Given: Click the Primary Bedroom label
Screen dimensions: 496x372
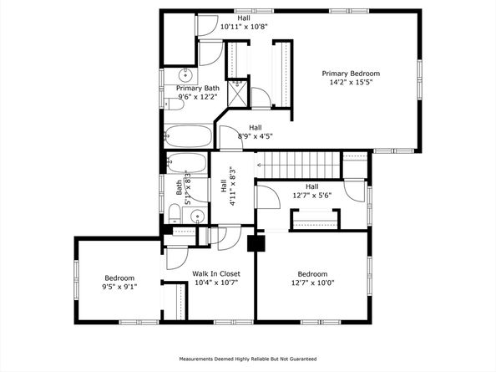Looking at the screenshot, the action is click(x=351, y=74).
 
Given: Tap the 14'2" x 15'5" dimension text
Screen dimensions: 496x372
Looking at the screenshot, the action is click(x=351, y=82).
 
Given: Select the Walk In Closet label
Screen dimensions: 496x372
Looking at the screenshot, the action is click(x=216, y=273).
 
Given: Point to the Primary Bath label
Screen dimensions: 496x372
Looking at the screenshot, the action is click(x=198, y=88).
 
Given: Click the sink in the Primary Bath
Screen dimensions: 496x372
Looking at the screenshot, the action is click(x=185, y=76).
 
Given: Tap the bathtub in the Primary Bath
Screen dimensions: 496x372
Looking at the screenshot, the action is click(x=188, y=136).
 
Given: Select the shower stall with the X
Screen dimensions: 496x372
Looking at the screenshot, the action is click(x=237, y=93).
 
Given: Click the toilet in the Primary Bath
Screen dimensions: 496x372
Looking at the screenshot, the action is click(x=174, y=104).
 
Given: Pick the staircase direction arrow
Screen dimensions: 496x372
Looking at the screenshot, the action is click(x=260, y=165).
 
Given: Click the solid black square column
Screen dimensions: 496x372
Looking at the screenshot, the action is click(x=256, y=243).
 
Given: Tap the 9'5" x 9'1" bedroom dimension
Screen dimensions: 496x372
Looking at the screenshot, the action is click(x=119, y=287).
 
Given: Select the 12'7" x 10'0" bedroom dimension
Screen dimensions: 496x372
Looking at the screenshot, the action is click(x=312, y=283).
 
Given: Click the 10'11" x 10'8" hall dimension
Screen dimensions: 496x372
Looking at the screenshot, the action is click(x=244, y=27).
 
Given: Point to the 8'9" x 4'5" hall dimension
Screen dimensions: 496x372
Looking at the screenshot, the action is click(x=256, y=136).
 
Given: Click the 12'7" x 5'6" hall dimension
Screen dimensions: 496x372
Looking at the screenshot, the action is click(x=312, y=196).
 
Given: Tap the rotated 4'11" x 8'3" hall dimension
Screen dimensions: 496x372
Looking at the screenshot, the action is click(x=233, y=186).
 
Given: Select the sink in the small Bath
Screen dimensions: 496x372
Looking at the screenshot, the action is click(x=198, y=217).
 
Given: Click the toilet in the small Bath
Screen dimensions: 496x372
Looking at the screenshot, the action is click(x=175, y=214).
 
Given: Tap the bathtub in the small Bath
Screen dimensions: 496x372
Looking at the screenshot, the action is click(x=186, y=163).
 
